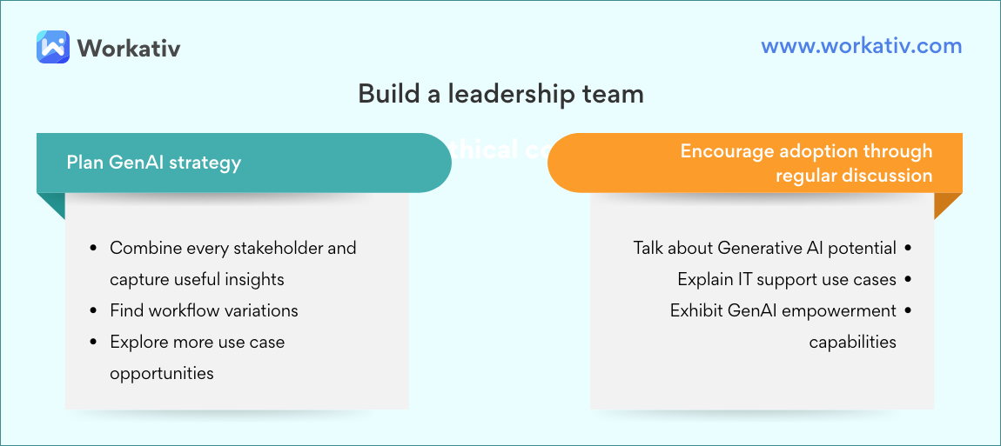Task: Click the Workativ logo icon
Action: (53, 47)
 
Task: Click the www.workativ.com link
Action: (861, 46)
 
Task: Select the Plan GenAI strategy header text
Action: (154, 163)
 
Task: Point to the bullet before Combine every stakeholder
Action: (93, 249)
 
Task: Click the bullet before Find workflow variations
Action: (93, 311)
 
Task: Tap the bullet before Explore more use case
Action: (93, 343)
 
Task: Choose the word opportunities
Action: (161, 373)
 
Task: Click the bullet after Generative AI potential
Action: (909, 249)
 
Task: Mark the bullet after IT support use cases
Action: (909, 280)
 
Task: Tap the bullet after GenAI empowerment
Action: (909, 311)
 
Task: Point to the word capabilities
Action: (852, 342)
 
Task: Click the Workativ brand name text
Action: (129, 47)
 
